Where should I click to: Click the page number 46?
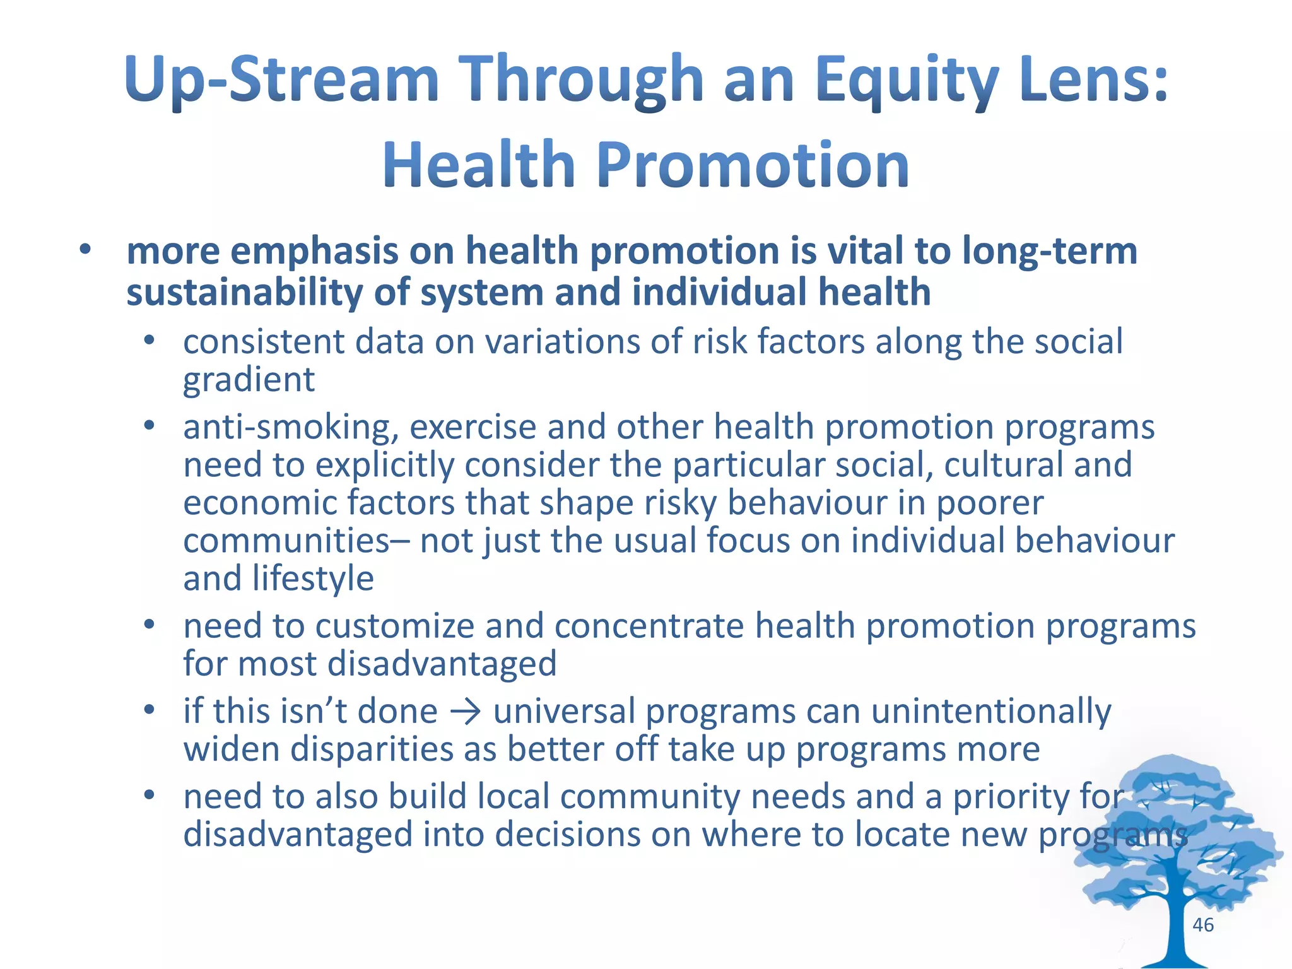[1203, 925]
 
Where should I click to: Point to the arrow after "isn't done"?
[466, 712]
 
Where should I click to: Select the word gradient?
[249, 380]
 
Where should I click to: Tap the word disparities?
[372, 750]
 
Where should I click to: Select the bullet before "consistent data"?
[149, 341]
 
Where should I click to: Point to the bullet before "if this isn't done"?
[149, 711]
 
